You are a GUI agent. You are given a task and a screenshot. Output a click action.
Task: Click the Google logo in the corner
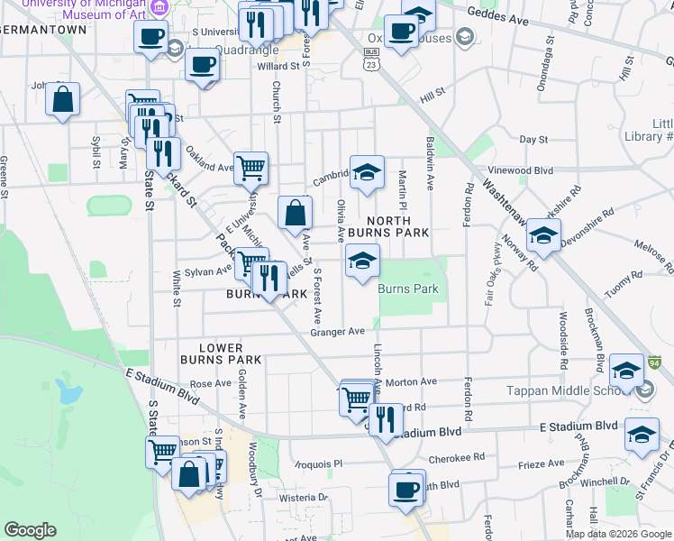click(x=31, y=530)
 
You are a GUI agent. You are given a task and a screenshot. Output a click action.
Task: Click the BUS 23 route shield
click(x=370, y=61)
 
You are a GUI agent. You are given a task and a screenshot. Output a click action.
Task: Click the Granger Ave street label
click(x=337, y=332)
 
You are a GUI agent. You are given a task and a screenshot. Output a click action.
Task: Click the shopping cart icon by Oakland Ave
click(x=252, y=167)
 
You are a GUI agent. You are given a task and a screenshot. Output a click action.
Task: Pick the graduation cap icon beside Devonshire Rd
click(x=542, y=236)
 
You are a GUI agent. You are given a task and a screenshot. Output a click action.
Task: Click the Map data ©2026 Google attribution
click(x=617, y=533)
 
